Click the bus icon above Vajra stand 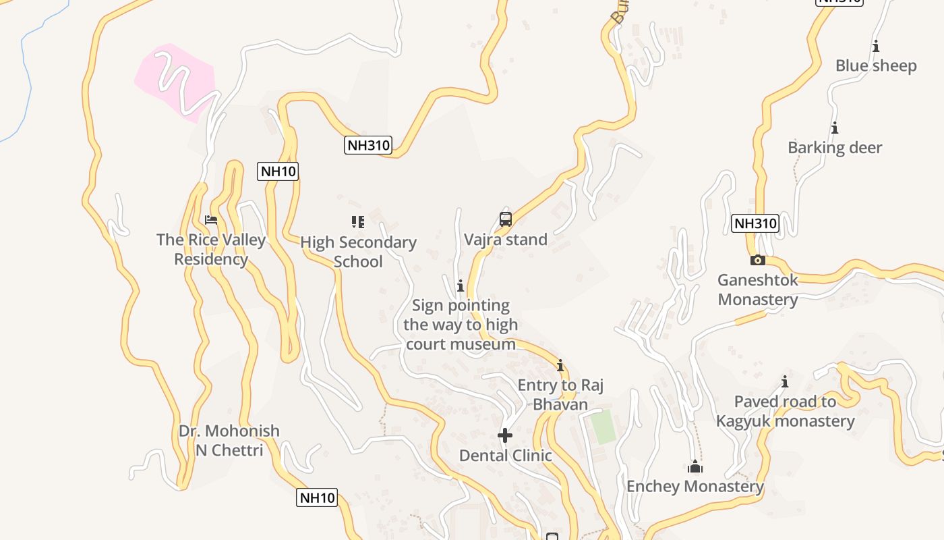[x=506, y=219]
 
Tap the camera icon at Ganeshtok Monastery [x=757, y=260]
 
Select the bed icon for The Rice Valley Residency [x=211, y=219]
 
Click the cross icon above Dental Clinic [x=505, y=435]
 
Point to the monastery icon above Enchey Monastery [x=695, y=466]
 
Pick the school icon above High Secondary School [x=358, y=221]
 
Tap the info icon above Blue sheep [x=876, y=46]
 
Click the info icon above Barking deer [x=835, y=128]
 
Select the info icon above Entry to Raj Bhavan [x=560, y=365]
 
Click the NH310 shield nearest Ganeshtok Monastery [x=755, y=223]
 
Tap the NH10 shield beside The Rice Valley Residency [x=278, y=171]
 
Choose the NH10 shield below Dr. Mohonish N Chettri [x=317, y=498]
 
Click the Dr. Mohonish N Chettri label [x=229, y=440]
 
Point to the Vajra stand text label [x=506, y=240]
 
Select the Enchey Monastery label [x=695, y=487]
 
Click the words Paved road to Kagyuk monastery [x=785, y=411]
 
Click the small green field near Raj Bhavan [x=602, y=427]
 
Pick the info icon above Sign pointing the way [x=461, y=286]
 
